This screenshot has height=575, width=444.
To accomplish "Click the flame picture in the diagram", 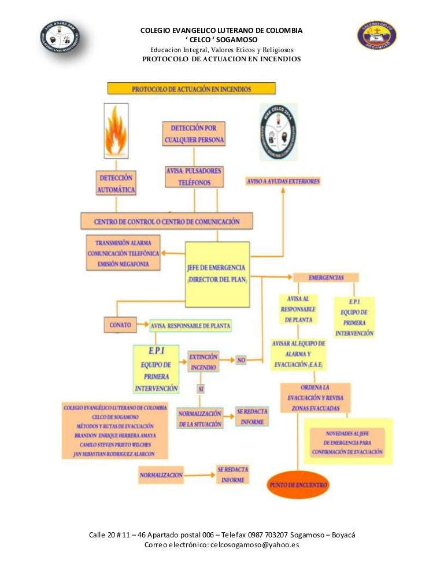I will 116,131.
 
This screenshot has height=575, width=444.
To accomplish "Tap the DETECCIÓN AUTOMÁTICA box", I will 117,183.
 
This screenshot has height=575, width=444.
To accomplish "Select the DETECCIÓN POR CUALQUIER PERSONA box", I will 194,134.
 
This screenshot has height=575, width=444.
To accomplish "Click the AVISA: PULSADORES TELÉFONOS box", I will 194,177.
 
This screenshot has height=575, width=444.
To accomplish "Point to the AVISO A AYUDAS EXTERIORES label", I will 283,181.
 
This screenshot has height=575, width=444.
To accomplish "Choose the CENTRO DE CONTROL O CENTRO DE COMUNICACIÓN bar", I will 167,221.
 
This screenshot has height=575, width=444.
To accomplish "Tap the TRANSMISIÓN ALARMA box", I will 123,253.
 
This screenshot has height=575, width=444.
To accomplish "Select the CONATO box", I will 120,325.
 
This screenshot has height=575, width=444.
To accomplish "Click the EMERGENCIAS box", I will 326,278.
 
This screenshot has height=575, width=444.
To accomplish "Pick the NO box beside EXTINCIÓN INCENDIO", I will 241,360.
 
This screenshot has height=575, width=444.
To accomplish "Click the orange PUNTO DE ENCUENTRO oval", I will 298,485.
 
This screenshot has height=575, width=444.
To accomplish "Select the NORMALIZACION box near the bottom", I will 161,475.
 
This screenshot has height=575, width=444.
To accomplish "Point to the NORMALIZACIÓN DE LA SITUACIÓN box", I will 200,419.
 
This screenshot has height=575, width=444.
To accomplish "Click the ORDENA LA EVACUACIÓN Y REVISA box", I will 314,397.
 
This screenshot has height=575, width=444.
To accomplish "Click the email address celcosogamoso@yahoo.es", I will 254,545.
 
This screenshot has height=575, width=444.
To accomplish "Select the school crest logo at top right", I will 376,35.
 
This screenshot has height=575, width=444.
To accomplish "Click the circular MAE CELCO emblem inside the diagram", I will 279,132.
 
